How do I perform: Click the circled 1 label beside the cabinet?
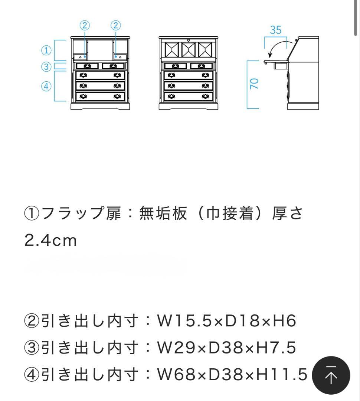46,50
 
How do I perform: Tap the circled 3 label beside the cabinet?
46,67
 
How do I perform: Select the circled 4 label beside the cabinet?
46,87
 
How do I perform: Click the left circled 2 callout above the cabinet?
85,25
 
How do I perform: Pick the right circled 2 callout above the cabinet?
116,25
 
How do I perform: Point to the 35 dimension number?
275,30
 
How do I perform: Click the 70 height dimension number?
254,84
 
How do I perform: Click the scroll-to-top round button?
331,375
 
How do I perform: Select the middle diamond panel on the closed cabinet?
189,49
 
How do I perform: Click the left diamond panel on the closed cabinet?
171,49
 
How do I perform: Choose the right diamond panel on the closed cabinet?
207,49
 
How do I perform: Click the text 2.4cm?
50,241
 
